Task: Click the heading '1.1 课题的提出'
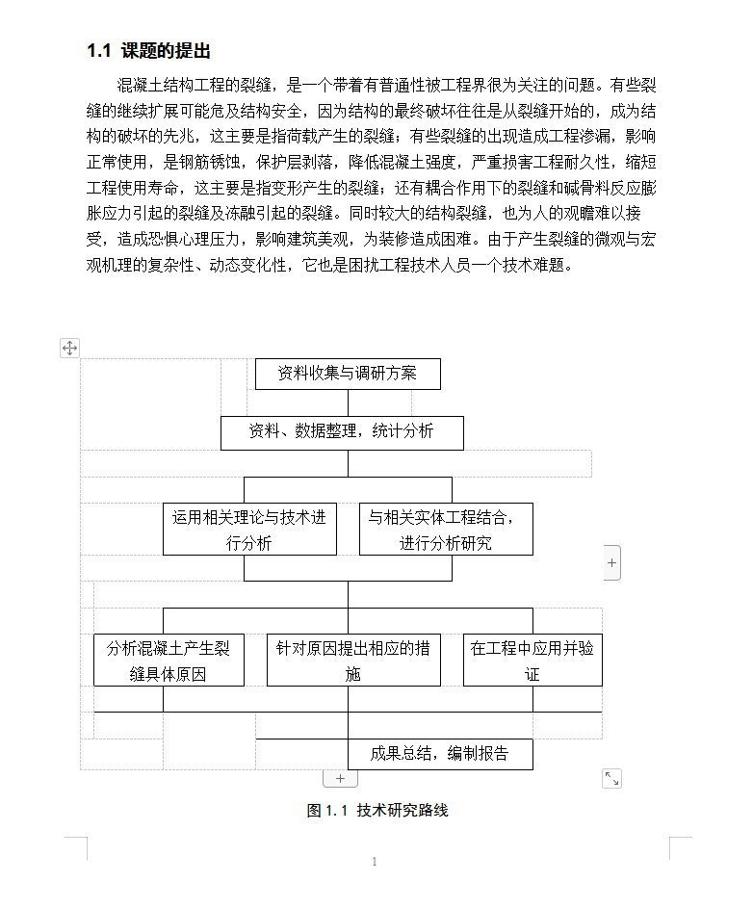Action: [x=148, y=51]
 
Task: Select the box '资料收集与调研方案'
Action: [x=348, y=374]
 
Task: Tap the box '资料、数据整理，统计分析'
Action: [x=342, y=432]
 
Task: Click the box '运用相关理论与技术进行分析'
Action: [x=249, y=530]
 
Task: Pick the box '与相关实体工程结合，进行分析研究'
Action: [x=446, y=530]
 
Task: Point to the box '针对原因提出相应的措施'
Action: [x=353, y=661]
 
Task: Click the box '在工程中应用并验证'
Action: [x=532, y=661]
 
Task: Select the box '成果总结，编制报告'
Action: [x=440, y=754]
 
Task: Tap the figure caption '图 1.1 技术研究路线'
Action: [x=377, y=811]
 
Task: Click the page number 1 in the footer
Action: [x=375, y=862]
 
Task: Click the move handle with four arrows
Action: [x=70, y=348]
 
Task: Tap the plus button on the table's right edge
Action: [x=612, y=561]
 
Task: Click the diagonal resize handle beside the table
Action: [x=611, y=778]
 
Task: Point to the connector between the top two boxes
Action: [x=348, y=402]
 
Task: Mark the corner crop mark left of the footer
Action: [x=77, y=847]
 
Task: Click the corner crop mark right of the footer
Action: [x=680, y=847]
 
